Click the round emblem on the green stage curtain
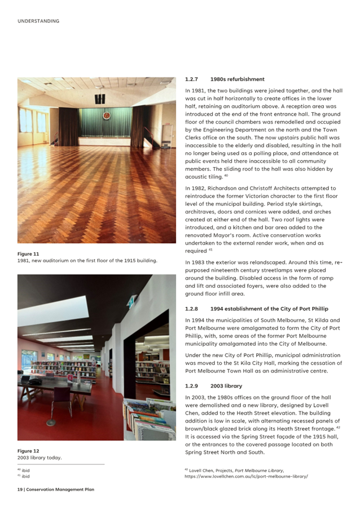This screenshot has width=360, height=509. (106, 116)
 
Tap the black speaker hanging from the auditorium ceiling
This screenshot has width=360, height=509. (100, 99)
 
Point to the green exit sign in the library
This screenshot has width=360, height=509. (131, 302)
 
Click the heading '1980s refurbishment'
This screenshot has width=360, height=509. (237, 80)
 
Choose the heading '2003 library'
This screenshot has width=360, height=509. (226, 386)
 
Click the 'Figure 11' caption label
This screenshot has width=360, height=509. (28, 254)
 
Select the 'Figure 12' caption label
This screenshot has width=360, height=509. (28, 451)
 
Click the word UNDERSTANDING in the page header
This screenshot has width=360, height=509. (38, 21)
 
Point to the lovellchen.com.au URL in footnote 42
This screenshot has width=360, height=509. (246, 476)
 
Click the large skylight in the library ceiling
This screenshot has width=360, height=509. (54, 311)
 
